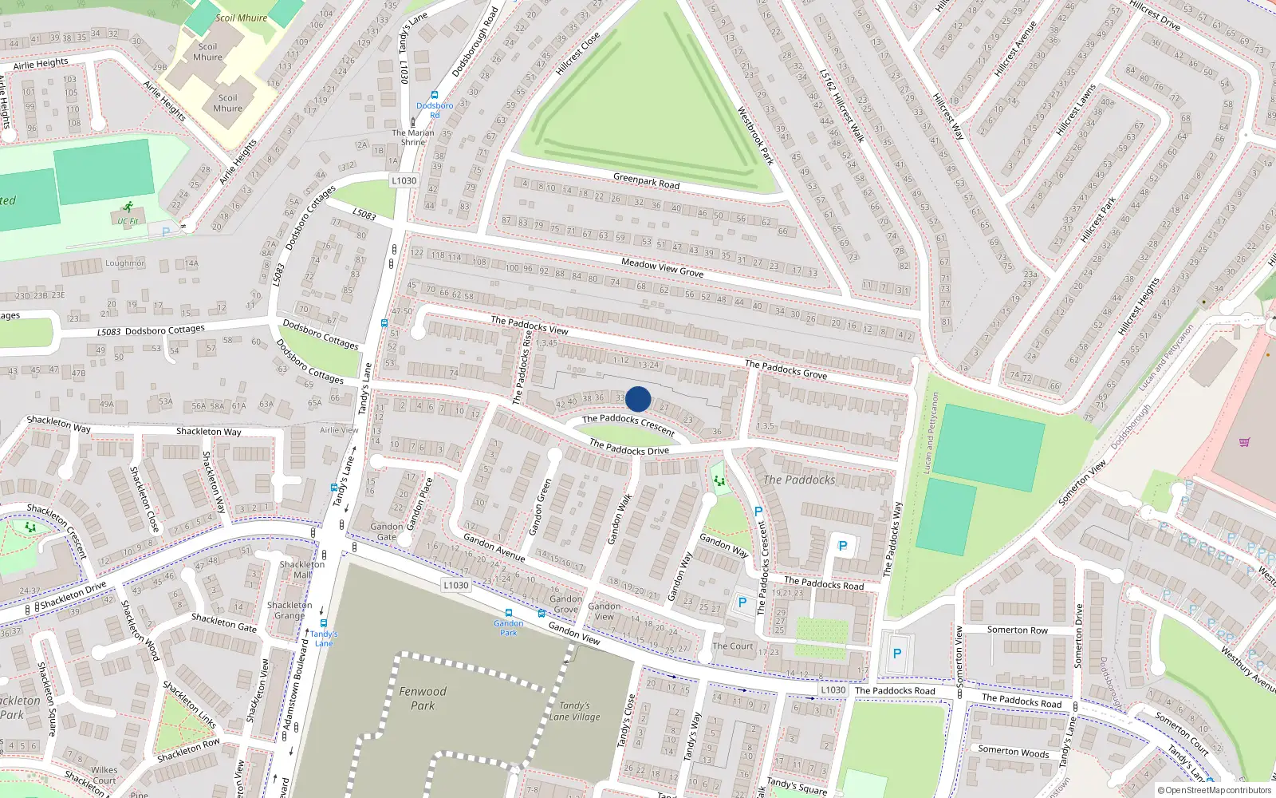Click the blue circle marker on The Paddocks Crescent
pyautogui.click(x=638, y=399)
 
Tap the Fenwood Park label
pyautogui.click(x=423, y=698)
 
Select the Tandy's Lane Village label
pyautogui.click(x=574, y=711)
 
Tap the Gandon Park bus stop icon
pyautogui.click(x=508, y=613)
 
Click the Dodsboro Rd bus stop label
pyautogui.click(x=435, y=110)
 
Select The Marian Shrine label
pyautogui.click(x=413, y=137)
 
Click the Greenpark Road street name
pyautogui.click(x=647, y=181)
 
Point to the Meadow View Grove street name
pyautogui.click(x=662, y=267)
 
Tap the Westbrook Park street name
pyautogui.click(x=755, y=136)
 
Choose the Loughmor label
pyautogui.click(x=125, y=263)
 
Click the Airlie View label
pyautogui.click(x=339, y=430)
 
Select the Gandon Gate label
pyautogui.click(x=387, y=531)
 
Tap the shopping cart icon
pyautogui.click(x=1244, y=441)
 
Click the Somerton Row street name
pyautogui.click(x=1018, y=630)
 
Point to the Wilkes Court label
pyautogui.click(x=104, y=775)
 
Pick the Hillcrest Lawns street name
pyautogui.click(x=1076, y=109)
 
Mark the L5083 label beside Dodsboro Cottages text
pyautogui.click(x=109, y=332)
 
